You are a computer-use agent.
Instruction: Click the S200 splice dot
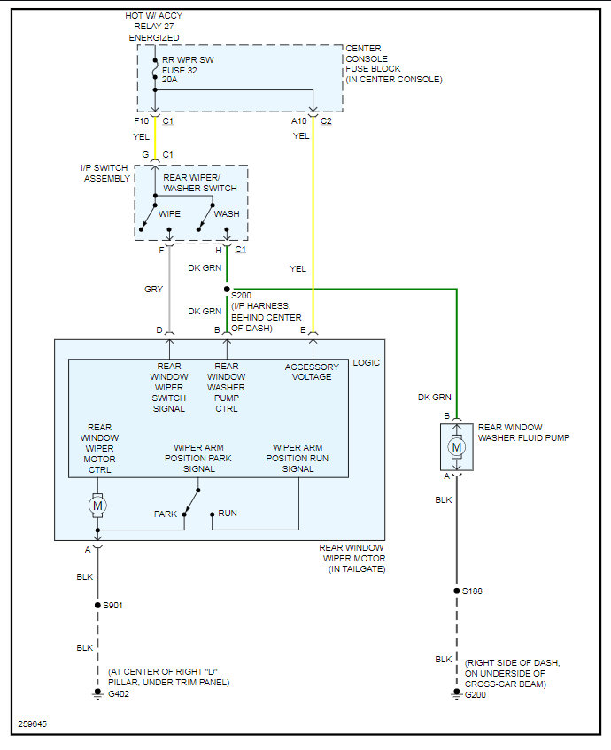pyautogui.click(x=227, y=289)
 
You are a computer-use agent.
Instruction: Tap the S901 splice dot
pyautogui.click(x=97, y=606)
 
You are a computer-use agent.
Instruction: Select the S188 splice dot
pyautogui.click(x=457, y=591)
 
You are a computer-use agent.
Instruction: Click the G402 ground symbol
pyautogui.click(x=97, y=694)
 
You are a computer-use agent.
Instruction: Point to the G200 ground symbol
pyautogui.click(x=457, y=694)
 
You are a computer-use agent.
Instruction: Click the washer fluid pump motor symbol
pyautogui.click(x=457, y=447)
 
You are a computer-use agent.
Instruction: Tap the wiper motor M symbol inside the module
pyautogui.click(x=97, y=505)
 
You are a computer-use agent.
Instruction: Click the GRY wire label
pyautogui.click(x=153, y=289)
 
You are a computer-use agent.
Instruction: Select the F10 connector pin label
pyautogui.click(x=141, y=120)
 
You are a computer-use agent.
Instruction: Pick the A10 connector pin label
pyautogui.click(x=299, y=120)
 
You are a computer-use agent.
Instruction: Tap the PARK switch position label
pyautogui.click(x=166, y=514)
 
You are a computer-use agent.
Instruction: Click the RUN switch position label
pyautogui.click(x=228, y=514)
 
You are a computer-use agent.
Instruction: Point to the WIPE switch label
pyautogui.click(x=170, y=213)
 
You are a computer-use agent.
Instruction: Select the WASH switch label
pyautogui.click(x=227, y=213)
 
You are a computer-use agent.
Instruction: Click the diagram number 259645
pyautogui.click(x=33, y=724)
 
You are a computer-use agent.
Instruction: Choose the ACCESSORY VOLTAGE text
pyautogui.click(x=312, y=372)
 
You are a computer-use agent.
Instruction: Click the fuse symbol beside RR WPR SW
pyautogui.click(x=155, y=66)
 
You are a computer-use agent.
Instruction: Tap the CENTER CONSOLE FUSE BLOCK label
pyautogui.click(x=393, y=64)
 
